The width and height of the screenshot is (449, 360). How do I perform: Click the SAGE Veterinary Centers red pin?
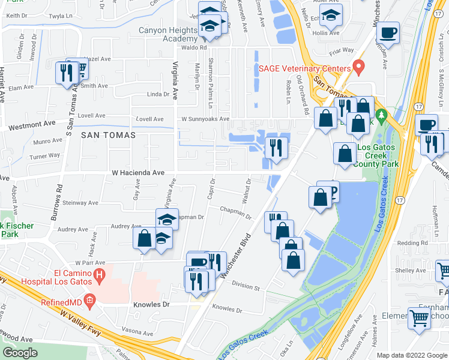tap(359, 67)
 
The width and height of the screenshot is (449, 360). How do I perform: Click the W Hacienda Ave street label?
tap(138, 173)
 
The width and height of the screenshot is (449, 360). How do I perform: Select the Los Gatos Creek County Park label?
tap(378, 155)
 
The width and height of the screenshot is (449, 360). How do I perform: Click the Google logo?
tap(20, 353)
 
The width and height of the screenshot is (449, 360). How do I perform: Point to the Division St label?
tap(245, 287)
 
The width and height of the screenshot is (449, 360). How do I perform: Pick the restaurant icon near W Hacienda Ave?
tap(276, 147)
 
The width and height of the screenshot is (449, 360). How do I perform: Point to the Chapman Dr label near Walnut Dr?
tap(235, 211)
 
